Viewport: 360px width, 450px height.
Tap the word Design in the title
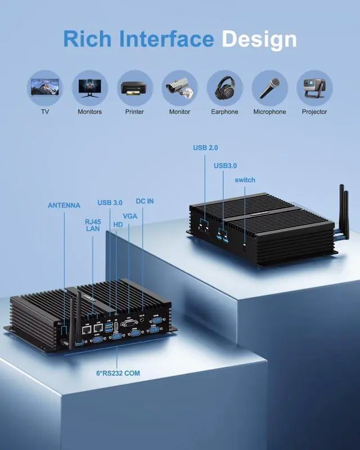click(259, 39)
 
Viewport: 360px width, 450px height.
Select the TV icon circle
click(45, 88)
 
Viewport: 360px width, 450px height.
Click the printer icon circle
click(135, 88)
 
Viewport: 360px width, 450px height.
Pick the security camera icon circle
click(179, 88)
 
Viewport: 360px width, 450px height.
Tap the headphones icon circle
click(224, 88)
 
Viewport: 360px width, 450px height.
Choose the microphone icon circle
click(269, 88)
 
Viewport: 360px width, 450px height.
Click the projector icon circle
click(314, 88)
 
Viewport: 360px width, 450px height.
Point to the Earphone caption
click(224, 112)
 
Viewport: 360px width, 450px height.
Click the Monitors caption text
click(90, 112)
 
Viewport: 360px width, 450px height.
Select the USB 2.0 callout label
click(205, 147)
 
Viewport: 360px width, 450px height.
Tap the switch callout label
click(245, 180)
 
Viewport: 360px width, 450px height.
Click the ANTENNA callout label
click(64, 205)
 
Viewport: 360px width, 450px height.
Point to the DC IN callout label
click(145, 201)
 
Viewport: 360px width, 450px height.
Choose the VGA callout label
click(130, 216)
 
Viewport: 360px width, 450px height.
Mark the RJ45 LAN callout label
click(93, 225)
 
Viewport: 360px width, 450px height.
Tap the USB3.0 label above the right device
click(225, 165)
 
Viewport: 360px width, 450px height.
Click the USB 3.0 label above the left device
click(110, 202)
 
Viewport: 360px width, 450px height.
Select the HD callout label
click(118, 224)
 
